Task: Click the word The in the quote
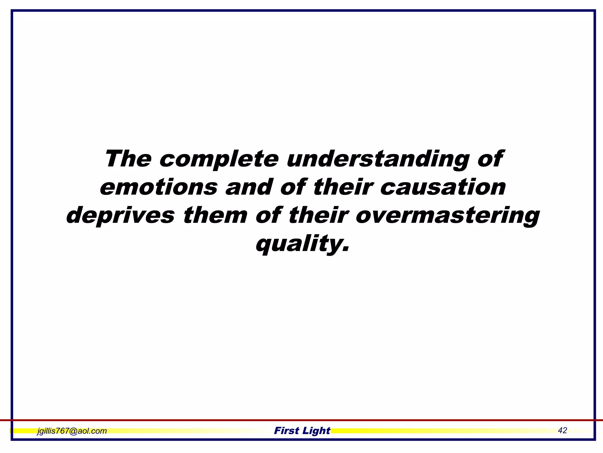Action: click(128, 159)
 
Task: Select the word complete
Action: click(219, 160)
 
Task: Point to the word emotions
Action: click(159, 187)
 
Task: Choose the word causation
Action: click(443, 187)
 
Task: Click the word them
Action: click(215, 215)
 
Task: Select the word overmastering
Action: click(448, 216)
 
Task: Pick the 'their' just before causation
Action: click(343, 187)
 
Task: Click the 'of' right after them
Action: click(269, 215)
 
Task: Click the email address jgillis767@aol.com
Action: click(72, 431)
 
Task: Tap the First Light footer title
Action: click(302, 431)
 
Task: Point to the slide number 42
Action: click(562, 430)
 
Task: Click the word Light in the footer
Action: click(316, 431)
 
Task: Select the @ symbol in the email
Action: click(73, 431)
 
